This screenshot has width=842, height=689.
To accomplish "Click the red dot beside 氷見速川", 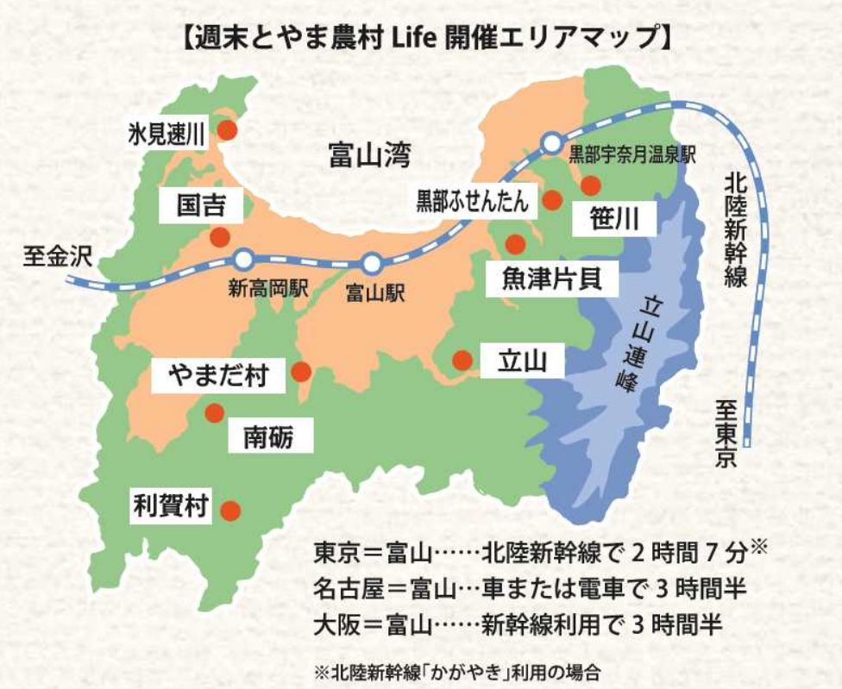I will pos(227,130).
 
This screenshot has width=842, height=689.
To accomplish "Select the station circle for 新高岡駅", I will pos(244,259).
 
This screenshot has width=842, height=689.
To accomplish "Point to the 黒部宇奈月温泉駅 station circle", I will pos(550,142).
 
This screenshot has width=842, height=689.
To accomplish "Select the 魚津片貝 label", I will pos(549,278).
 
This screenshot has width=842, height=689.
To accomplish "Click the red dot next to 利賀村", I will pos(229,510).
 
